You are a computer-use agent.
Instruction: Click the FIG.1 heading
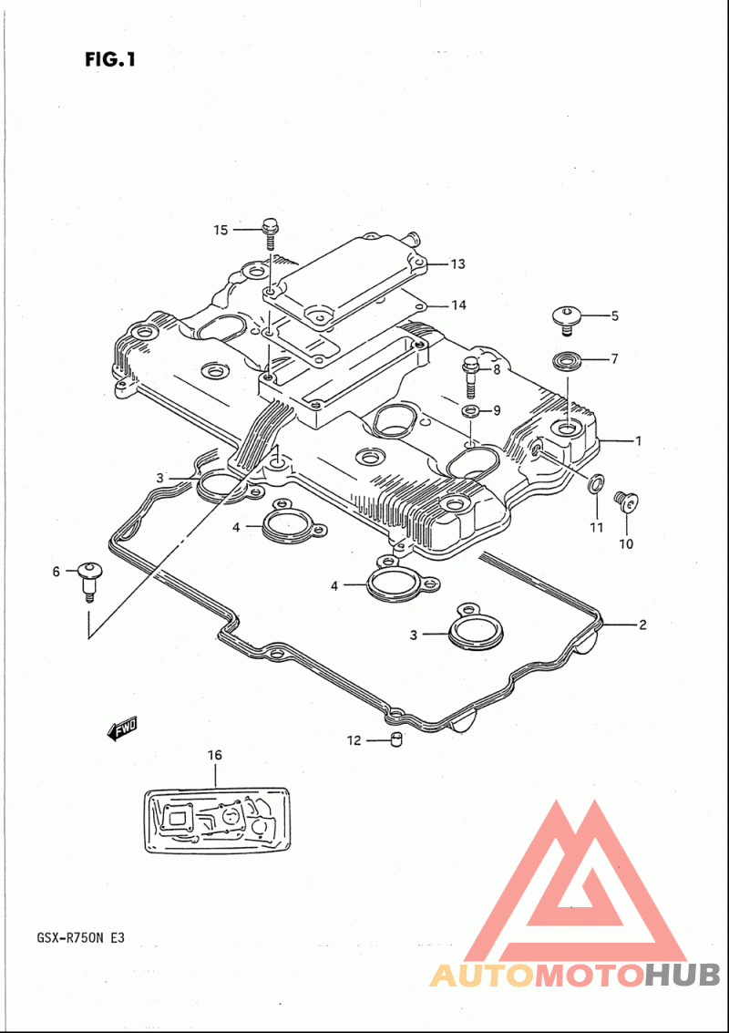pyautogui.click(x=110, y=59)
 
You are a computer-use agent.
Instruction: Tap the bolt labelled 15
pyautogui.click(x=271, y=232)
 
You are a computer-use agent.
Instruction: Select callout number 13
pyautogui.click(x=457, y=264)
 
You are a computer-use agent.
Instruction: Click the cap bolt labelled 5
pyautogui.click(x=564, y=319)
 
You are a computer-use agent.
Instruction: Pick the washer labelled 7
pyautogui.click(x=565, y=361)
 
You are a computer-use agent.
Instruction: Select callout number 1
pyautogui.click(x=638, y=440)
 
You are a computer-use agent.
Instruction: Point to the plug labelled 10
pyautogui.click(x=625, y=502)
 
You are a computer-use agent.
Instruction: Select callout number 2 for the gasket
pyautogui.click(x=642, y=625)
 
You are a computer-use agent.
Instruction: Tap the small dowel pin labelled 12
pyautogui.click(x=395, y=739)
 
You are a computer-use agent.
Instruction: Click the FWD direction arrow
pyautogui.click(x=120, y=729)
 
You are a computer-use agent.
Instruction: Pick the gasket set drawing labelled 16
pyautogui.click(x=215, y=821)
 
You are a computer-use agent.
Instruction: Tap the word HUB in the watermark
pyautogui.click(x=682, y=975)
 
